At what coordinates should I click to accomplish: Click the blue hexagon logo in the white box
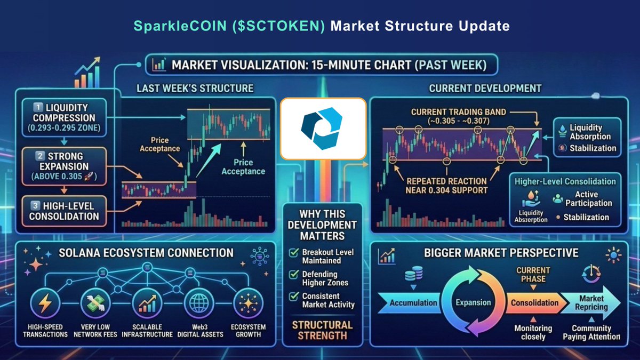click(323, 129)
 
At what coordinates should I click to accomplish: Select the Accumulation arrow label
click(413, 302)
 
